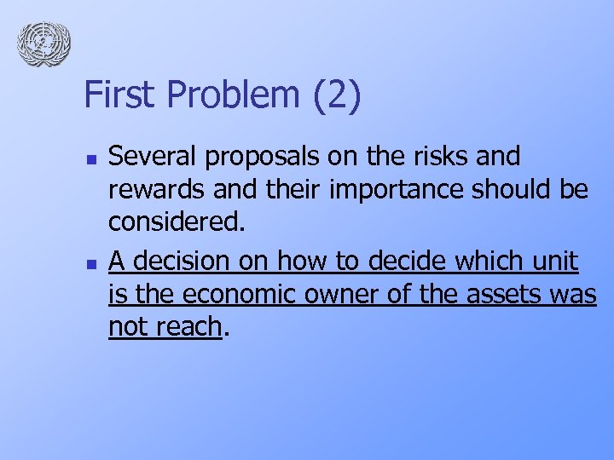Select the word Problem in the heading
tap(223, 95)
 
